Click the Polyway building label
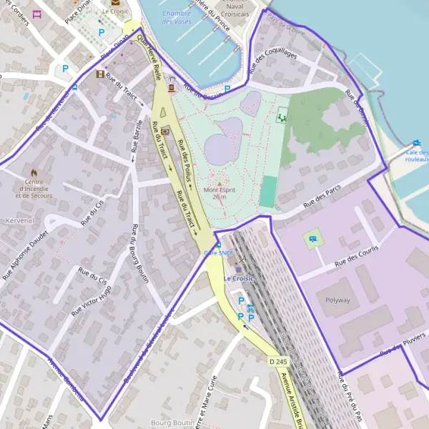(x=337, y=300)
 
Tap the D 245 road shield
(x=278, y=363)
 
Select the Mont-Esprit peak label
(x=220, y=193)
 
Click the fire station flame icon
(x=33, y=173)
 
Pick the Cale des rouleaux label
(x=417, y=156)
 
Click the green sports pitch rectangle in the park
(x=267, y=192)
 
